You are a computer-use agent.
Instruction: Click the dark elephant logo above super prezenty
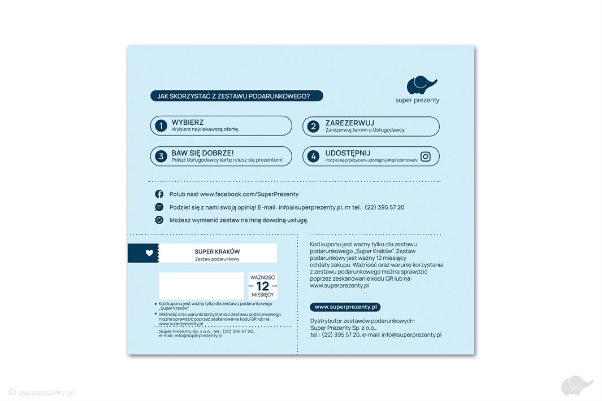(422, 85)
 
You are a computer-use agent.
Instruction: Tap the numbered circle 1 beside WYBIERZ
(161, 126)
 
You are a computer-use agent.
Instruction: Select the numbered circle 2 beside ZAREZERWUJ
(314, 127)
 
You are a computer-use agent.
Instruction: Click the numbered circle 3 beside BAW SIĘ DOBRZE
(161, 156)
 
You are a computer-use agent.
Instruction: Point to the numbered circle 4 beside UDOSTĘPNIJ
(314, 156)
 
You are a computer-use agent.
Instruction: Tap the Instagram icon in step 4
(426, 156)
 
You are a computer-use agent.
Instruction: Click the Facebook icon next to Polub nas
(159, 194)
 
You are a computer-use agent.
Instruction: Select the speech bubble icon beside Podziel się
(159, 207)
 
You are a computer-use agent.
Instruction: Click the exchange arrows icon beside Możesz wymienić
(159, 220)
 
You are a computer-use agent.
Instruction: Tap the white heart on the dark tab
(149, 253)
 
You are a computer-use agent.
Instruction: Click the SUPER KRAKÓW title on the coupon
(217, 251)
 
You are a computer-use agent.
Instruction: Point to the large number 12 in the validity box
(262, 286)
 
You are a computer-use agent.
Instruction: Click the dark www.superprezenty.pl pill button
(345, 307)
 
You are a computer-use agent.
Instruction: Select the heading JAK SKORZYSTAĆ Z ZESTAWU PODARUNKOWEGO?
(236, 96)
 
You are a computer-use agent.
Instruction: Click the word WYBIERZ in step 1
(188, 122)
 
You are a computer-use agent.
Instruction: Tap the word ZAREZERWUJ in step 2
(349, 123)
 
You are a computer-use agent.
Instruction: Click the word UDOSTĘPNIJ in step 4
(348, 153)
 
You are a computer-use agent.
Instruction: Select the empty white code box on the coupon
(201, 286)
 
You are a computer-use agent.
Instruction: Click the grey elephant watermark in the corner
(577, 386)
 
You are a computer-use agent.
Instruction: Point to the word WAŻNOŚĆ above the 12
(262, 277)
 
